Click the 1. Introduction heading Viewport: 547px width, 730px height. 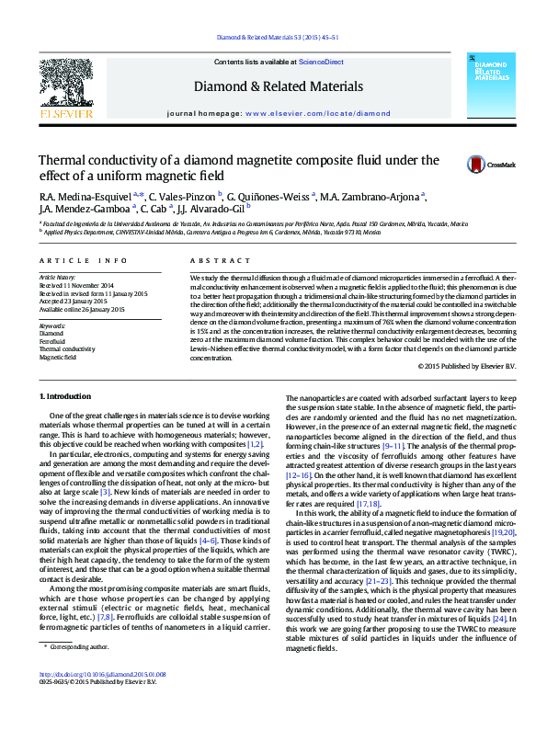(x=67, y=396)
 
